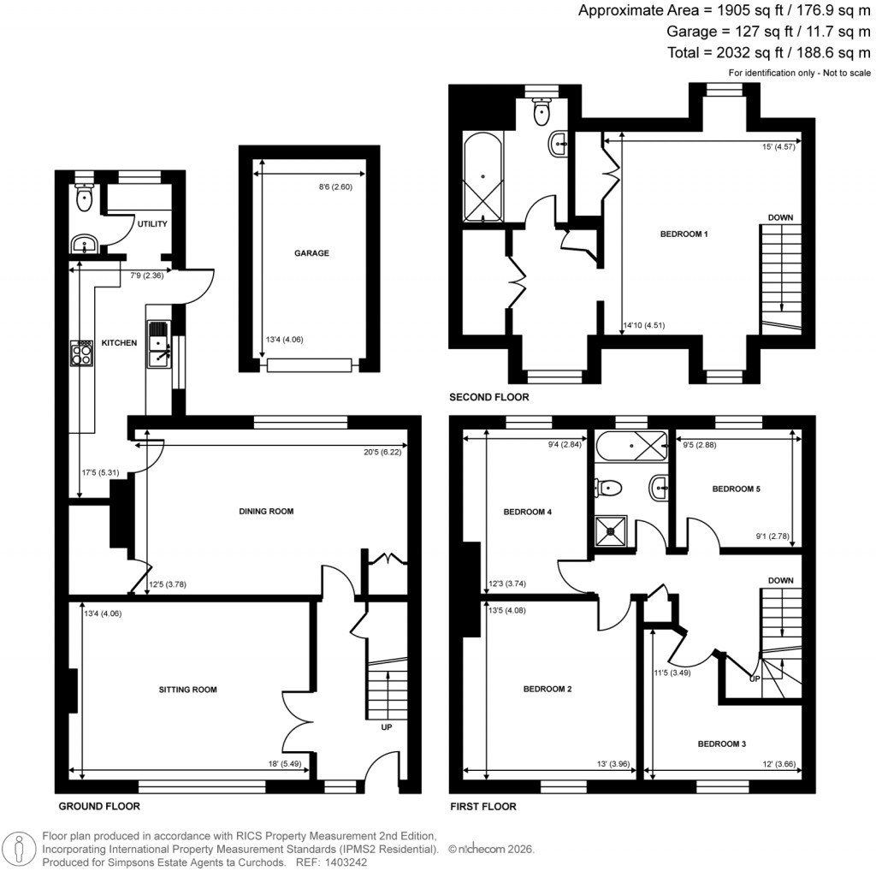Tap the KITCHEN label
point(119,343)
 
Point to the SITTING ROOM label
point(187,690)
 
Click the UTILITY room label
point(152,224)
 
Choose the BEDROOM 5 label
point(737,489)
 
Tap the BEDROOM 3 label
point(722,744)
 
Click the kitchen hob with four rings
point(82,353)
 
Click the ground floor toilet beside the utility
point(84,199)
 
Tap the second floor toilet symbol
point(541,110)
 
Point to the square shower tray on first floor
point(611,530)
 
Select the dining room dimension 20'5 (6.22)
point(382,453)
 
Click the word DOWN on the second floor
point(779,217)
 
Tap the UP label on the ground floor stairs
point(387,727)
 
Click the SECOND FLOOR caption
point(489,397)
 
